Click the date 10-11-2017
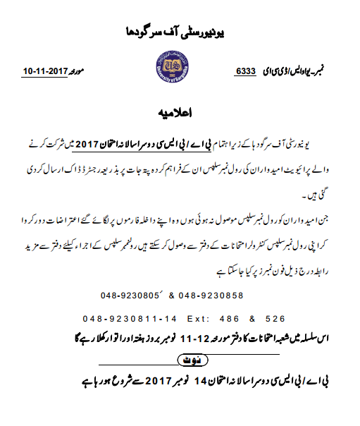pos(47,72)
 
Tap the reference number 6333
pos(244,72)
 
